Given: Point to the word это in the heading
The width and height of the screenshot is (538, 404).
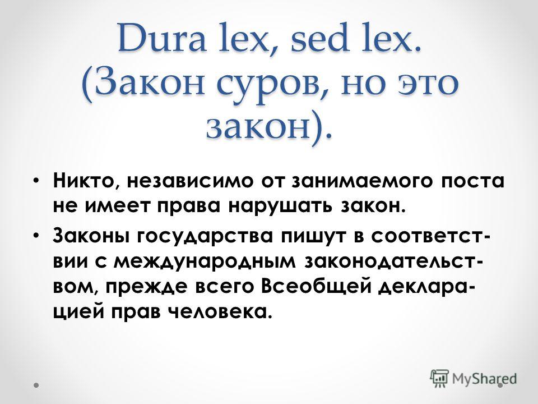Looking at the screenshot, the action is coord(428,84).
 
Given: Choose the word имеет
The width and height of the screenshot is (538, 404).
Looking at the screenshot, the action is coord(117,207).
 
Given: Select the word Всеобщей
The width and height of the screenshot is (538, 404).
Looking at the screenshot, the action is coord(316,287).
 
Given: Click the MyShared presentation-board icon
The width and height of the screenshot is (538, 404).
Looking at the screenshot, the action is coord(439,379).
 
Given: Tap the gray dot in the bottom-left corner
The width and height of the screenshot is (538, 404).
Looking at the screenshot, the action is coord(36,385).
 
